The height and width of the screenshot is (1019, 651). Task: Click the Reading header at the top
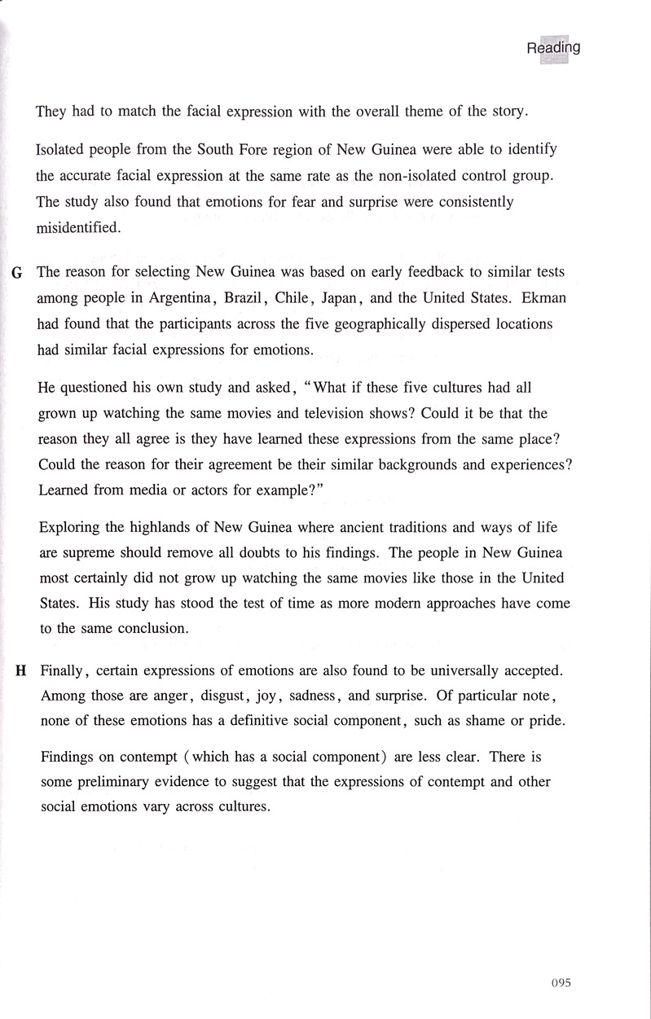click(553, 48)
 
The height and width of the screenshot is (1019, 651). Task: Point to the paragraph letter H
click(21, 672)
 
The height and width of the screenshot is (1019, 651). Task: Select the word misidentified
click(78, 228)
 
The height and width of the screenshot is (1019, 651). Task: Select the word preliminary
click(112, 782)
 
